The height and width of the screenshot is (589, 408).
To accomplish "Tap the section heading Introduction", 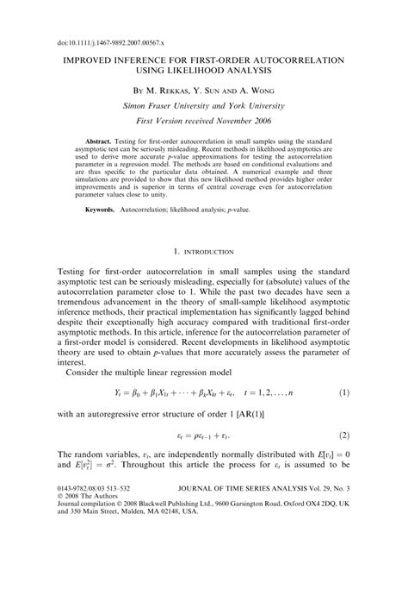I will [x=203, y=252].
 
